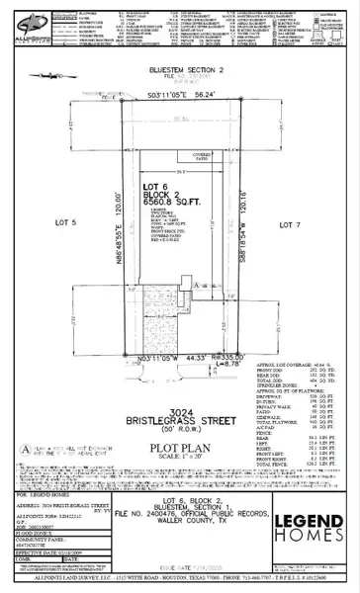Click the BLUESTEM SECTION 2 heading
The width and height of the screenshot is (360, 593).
tap(180, 72)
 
